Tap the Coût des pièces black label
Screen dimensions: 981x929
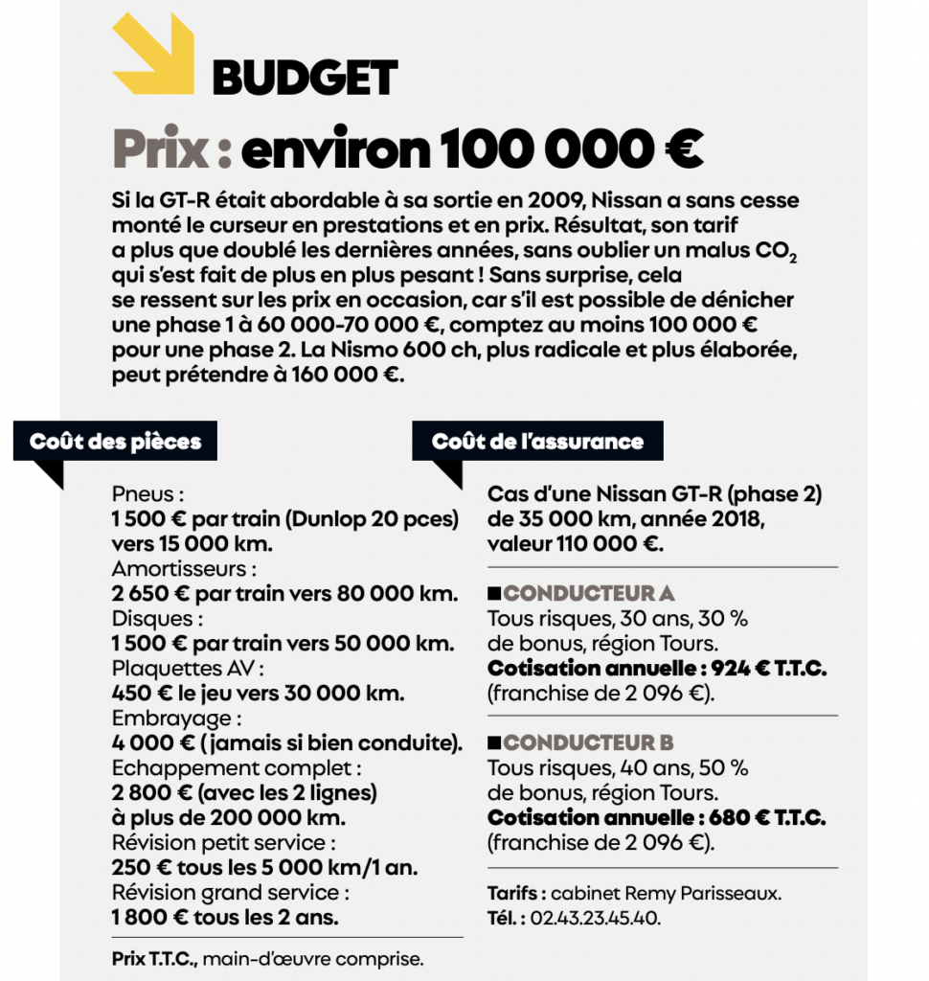[115, 442]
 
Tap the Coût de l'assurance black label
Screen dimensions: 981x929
[537, 442]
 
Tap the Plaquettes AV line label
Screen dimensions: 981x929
[187, 668]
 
